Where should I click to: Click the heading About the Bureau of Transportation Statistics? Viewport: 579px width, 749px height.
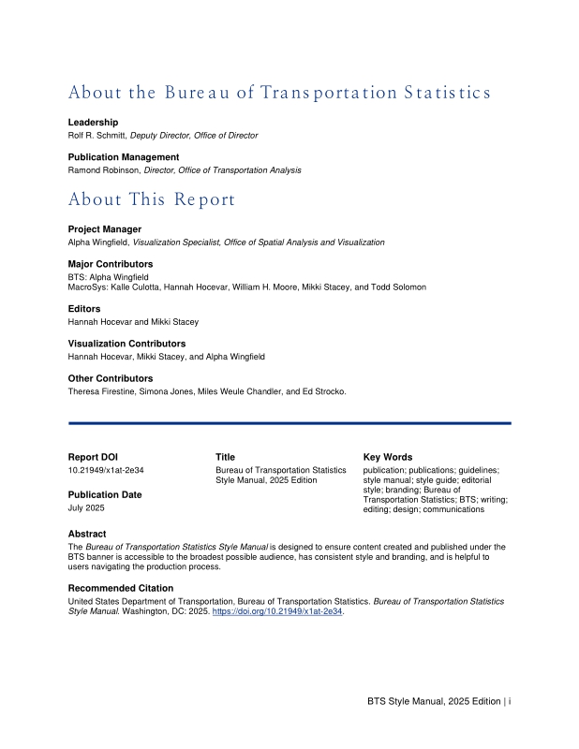click(279, 93)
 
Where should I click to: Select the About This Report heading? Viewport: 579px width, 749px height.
click(152, 199)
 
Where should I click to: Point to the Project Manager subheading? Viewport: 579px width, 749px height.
click(105, 229)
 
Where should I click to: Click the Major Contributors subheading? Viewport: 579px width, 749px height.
click(111, 264)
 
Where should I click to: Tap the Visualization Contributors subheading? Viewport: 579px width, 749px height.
click(126, 344)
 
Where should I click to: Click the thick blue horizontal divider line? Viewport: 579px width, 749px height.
click(289, 423)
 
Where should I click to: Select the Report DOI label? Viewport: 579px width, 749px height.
click(93, 457)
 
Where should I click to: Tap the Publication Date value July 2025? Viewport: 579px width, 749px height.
click(86, 507)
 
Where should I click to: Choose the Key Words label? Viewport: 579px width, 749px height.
click(387, 457)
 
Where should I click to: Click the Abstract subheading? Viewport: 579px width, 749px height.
click(87, 534)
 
